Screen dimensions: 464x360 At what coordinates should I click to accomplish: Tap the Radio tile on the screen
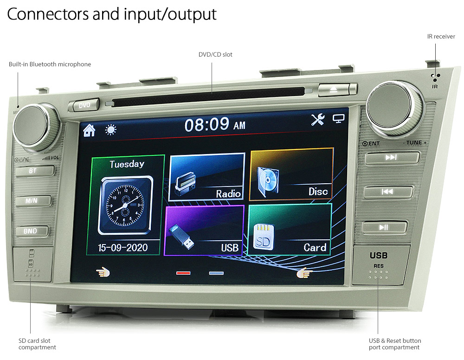(206, 177)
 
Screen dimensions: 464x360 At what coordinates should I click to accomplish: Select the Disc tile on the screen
(291, 174)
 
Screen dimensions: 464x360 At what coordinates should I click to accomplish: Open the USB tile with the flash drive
(204, 231)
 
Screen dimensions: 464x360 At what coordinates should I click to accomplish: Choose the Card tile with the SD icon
(289, 230)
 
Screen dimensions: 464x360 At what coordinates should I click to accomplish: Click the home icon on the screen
(89, 130)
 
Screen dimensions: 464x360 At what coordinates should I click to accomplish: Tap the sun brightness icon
(111, 129)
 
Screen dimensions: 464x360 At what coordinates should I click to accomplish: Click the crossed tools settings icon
(318, 120)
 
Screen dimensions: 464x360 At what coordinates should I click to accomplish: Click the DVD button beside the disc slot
(84, 105)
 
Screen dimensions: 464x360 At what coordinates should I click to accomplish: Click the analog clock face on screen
(125, 206)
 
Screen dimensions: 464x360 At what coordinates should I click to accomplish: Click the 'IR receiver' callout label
(441, 36)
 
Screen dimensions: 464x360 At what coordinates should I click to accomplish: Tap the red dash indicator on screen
(183, 273)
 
